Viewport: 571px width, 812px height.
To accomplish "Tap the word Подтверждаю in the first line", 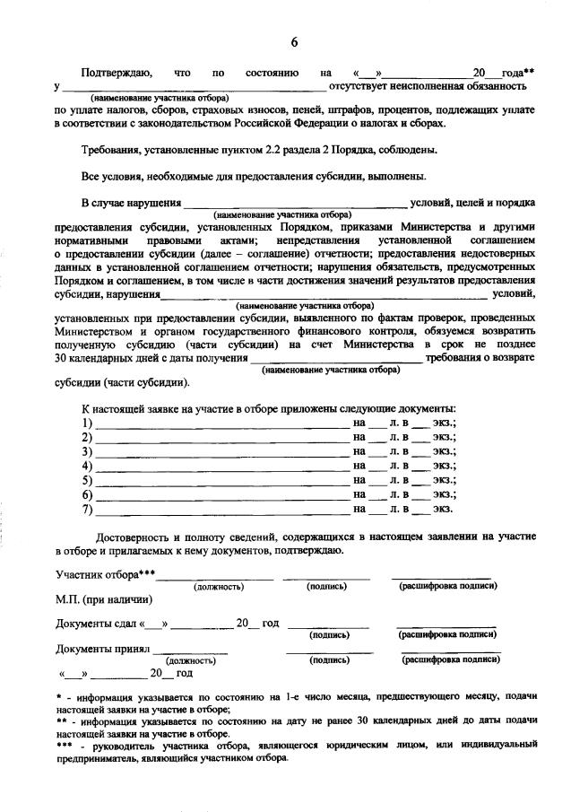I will point(117,72).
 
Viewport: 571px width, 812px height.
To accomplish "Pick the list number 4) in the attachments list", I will point(87,466).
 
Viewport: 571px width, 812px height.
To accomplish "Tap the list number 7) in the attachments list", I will point(87,509).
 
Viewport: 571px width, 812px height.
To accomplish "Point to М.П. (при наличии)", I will point(103,599).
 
